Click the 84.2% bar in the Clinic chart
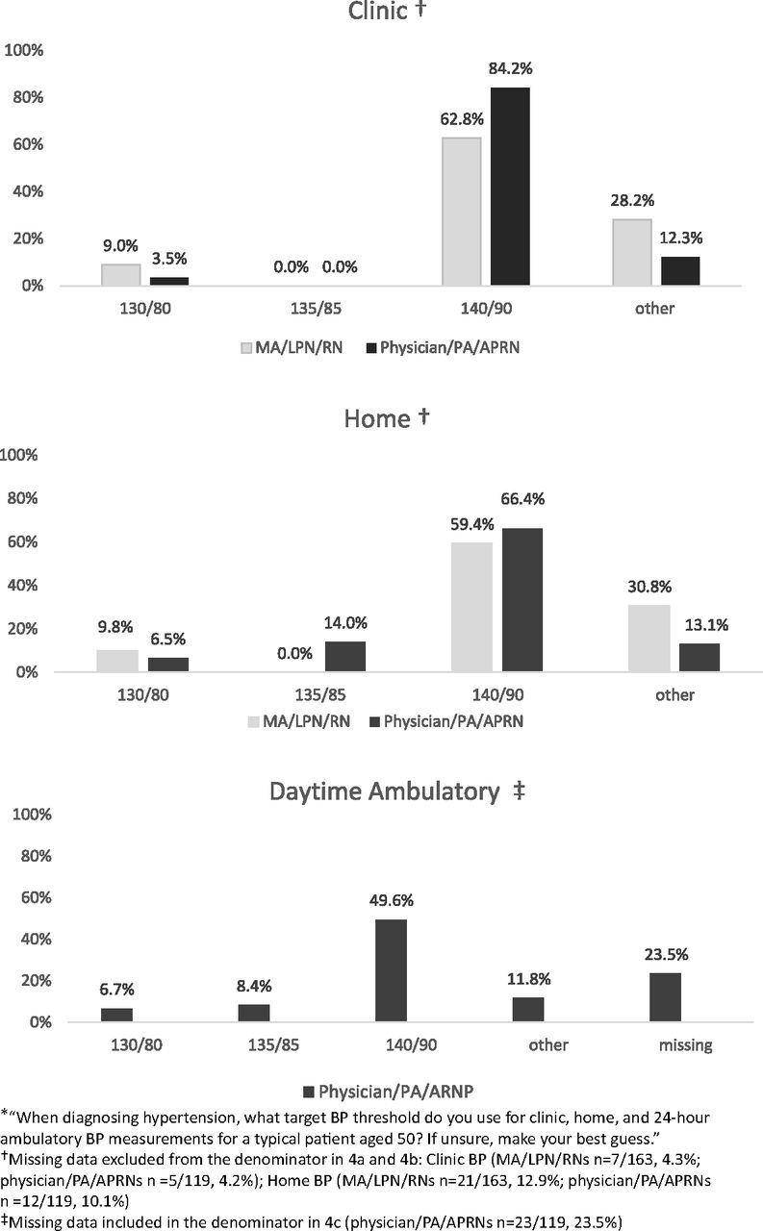pos(510,187)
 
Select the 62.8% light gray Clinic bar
pos(461,212)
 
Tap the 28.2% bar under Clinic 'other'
pos(632,252)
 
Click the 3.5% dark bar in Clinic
pos(169,282)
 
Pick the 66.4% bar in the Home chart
pos(522,600)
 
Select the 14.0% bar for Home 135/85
pos(345,657)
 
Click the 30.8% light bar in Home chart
pos(649,639)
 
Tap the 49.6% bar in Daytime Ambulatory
pos(391,970)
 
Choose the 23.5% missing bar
pos(665,997)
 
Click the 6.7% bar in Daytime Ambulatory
pos(116,1015)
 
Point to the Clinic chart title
pos(387,11)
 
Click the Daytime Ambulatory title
pos(396,791)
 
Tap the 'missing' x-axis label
pos(685,1044)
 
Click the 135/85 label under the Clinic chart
pos(316,309)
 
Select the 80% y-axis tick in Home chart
pos(22,498)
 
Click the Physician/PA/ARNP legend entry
pos(388,1091)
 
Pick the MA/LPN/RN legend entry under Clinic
pos(292,348)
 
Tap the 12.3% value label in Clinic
pos(681,238)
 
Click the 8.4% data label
pos(254,986)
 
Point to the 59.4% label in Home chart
pos(472,524)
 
